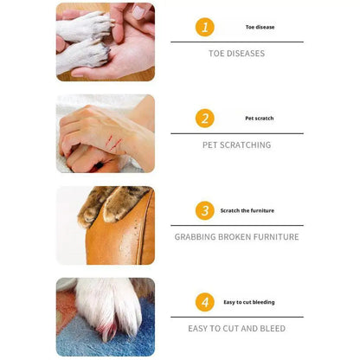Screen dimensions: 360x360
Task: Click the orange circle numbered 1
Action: coord(204,27)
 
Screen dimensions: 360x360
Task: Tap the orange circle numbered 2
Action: coord(204,119)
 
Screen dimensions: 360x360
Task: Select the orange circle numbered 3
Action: coord(204,210)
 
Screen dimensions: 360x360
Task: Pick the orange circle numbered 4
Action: coord(204,302)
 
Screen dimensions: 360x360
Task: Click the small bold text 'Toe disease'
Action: coord(260,28)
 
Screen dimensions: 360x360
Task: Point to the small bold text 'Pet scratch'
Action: coord(260,119)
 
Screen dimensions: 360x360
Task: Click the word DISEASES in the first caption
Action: coord(246,54)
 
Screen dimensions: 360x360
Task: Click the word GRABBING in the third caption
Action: coord(194,237)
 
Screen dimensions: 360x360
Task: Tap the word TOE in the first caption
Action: coord(216,54)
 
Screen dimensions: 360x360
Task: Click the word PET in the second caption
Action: coord(210,145)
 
